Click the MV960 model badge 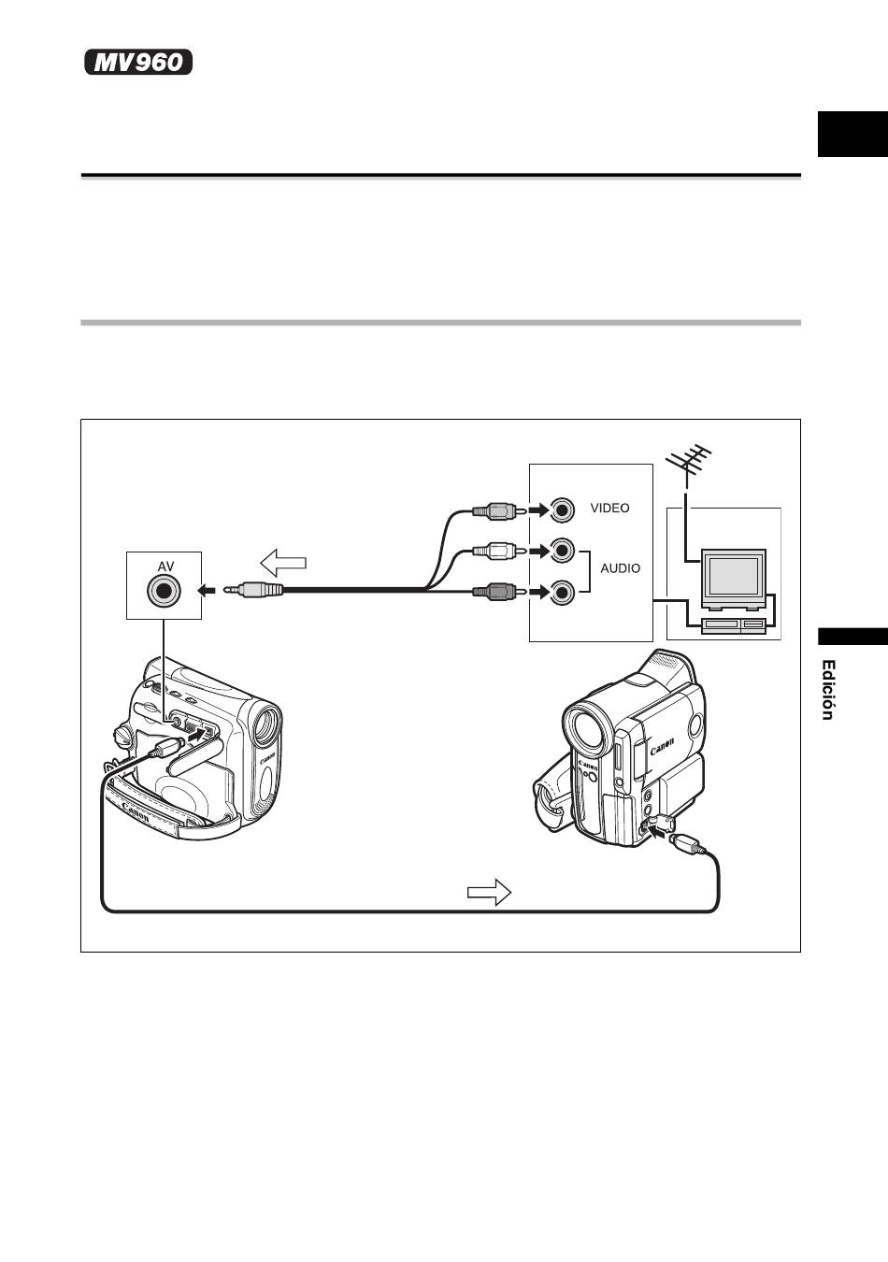tap(138, 62)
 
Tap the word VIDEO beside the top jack tap(609, 509)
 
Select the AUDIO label tap(620, 568)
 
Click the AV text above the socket tap(165, 566)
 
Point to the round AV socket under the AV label tap(164, 591)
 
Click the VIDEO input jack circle tap(562, 510)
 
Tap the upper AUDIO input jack tap(562, 551)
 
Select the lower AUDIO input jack tap(562, 592)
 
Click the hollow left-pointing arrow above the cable tap(283, 563)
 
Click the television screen tap(733, 576)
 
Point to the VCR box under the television tap(733, 624)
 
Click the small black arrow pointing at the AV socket tap(207, 591)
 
